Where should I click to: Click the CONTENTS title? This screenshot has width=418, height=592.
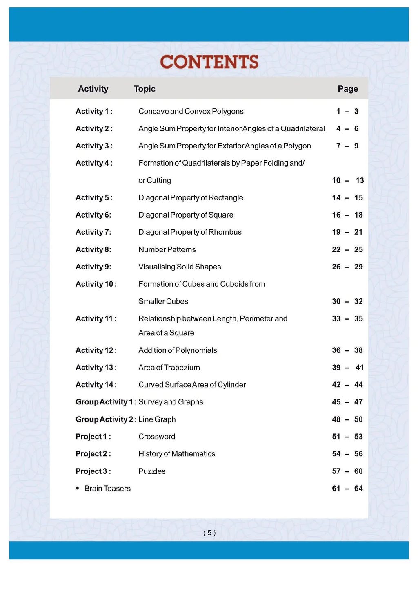[209, 62]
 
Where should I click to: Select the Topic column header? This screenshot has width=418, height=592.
[145, 89]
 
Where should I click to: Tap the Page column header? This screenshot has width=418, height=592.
[348, 89]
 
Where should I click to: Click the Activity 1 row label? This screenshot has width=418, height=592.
[94, 111]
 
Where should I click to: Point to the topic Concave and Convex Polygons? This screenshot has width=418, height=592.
[191, 111]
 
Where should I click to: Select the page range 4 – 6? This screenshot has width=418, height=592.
[347, 128]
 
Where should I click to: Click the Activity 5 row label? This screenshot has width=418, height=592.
[94, 197]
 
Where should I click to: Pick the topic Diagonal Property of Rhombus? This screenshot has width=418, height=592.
[190, 232]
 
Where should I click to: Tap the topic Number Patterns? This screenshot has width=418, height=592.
[167, 249]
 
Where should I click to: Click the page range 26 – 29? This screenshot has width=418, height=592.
[347, 267]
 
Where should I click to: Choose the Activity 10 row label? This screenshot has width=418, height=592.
[96, 284]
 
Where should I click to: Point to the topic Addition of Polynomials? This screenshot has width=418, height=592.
[178, 350]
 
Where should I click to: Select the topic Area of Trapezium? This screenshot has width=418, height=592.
[169, 367]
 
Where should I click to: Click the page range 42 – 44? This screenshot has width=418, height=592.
[347, 384]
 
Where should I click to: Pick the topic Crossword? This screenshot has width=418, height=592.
[157, 436]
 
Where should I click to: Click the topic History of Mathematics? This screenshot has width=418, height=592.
[176, 453]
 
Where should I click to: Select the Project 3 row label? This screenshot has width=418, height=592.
[93, 471]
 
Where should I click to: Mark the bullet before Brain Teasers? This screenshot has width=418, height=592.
[77, 488]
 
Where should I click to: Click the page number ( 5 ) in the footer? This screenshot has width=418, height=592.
[209, 532]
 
